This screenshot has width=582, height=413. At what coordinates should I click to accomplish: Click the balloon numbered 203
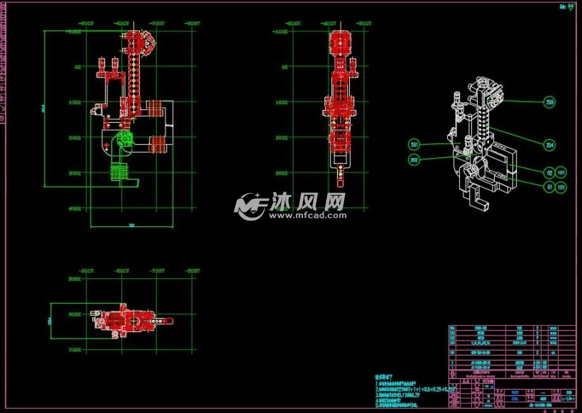tap(549, 102)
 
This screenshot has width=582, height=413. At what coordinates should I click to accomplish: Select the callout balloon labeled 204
tap(549, 145)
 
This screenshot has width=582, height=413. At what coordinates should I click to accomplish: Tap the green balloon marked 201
tap(414, 145)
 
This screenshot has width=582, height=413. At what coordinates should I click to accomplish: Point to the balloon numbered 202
tap(414, 160)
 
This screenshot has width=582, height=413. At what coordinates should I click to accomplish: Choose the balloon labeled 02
tap(549, 172)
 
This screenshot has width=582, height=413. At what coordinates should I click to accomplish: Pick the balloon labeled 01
tap(549, 187)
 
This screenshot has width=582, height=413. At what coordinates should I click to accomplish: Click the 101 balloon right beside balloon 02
tap(561, 172)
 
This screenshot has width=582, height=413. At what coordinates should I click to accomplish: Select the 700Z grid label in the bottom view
tap(75, 350)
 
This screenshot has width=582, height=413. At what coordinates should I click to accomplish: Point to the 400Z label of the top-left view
tap(75, 209)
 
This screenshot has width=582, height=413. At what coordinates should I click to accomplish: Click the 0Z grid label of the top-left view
tap(77, 67)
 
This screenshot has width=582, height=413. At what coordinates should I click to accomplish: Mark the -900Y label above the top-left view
tap(87, 23)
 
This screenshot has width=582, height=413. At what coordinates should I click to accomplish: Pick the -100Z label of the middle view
tap(280, 31)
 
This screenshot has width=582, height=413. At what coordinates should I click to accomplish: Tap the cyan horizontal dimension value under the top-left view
tap(131, 226)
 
